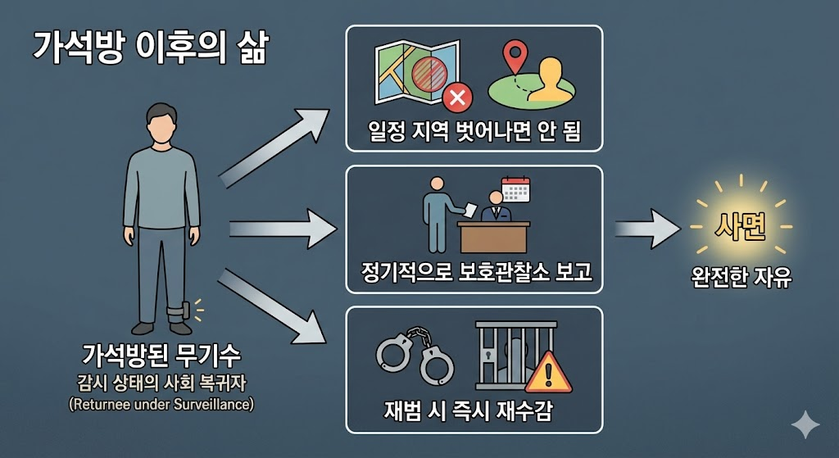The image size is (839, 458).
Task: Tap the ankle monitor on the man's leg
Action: (179, 312)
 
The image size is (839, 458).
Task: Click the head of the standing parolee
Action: (161, 125)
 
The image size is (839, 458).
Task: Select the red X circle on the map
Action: (456, 99)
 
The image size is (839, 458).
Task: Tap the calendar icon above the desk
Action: (516, 189)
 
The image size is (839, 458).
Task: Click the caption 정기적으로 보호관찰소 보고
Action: (475, 271)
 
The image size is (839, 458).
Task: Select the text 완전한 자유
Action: (741, 277)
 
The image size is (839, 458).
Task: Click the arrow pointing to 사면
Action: (647, 227)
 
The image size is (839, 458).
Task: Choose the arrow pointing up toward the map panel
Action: (275, 144)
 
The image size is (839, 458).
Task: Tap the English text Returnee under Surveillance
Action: (161, 404)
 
